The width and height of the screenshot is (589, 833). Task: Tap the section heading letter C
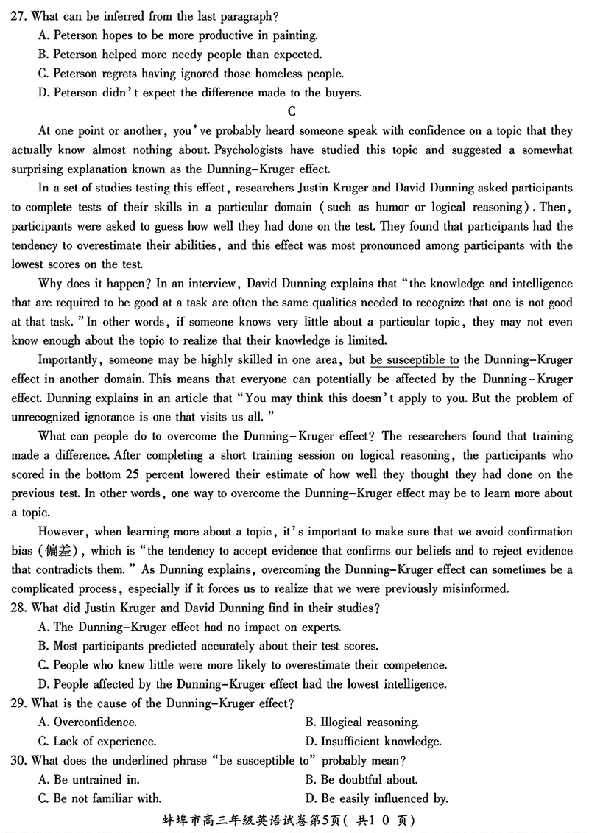pyautogui.click(x=292, y=112)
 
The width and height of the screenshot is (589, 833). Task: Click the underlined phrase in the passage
pyautogui.click(x=415, y=360)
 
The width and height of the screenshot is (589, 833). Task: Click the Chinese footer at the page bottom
pyautogui.click(x=294, y=820)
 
